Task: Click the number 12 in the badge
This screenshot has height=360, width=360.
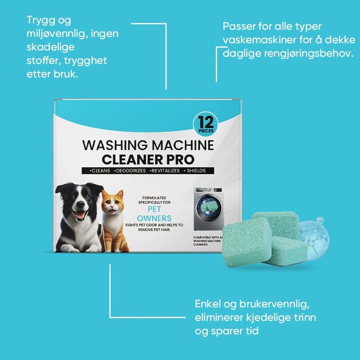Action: click(x=206, y=122)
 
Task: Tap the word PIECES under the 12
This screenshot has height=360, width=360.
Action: click(x=206, y=131)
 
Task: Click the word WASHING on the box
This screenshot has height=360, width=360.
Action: click(x=115, y=145)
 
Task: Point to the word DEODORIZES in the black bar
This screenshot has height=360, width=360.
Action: click(x=130, y=171)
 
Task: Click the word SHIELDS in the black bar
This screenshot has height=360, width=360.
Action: click(x=196, y=171)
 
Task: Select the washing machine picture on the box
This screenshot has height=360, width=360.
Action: click(x=208, y=209)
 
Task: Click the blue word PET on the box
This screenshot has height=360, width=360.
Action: click(x=154, y=209)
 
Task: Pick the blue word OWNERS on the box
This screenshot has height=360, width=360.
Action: click(x=154, y=218)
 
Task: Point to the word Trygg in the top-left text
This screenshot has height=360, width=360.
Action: click(x=41, y=21)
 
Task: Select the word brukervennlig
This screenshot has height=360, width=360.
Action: click(x=274, y=305)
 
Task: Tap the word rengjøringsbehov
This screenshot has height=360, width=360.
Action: click(x=308, y=54)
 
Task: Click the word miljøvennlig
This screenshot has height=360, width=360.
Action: click(x=58, y=35)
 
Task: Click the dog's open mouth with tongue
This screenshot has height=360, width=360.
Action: click(x=80, y=215)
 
